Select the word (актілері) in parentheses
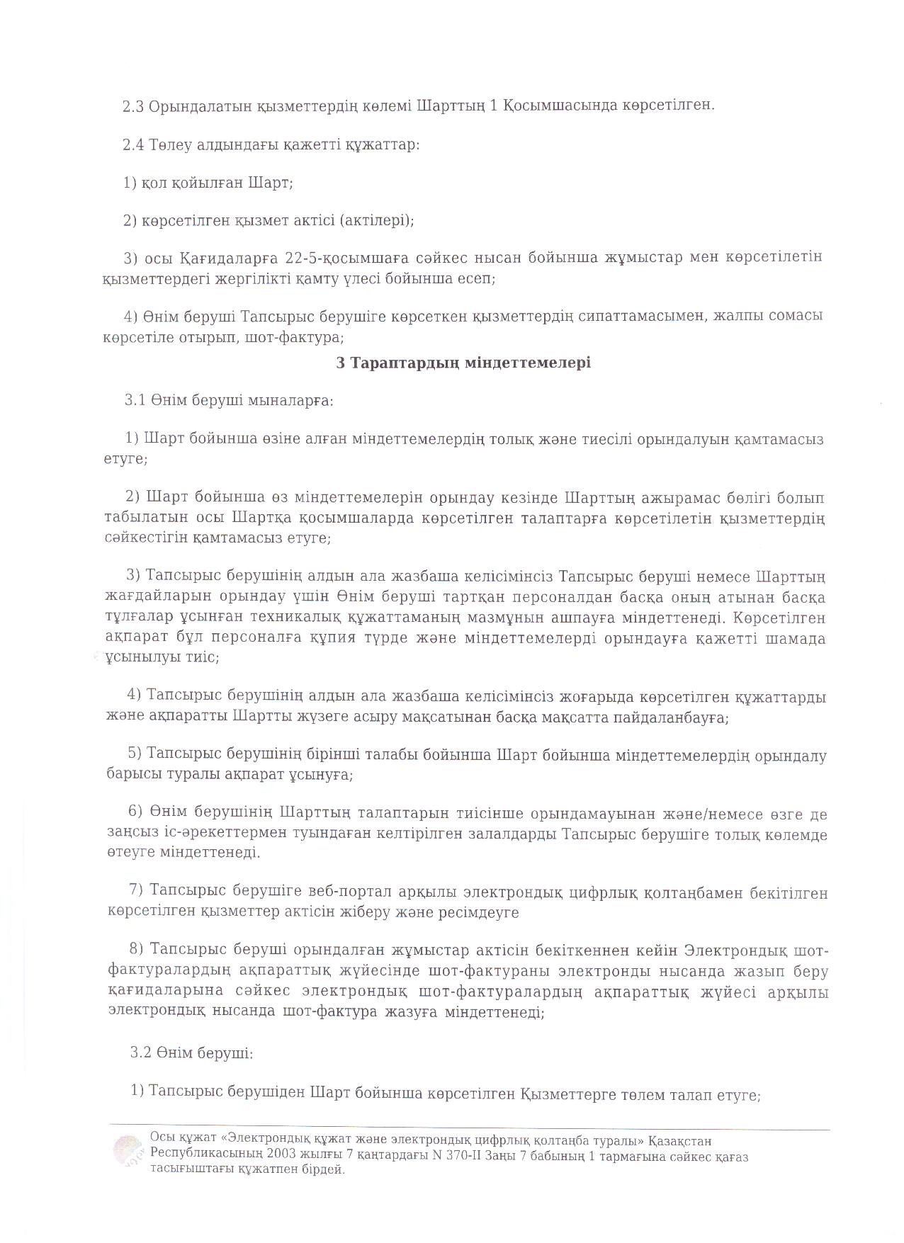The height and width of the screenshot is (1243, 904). pos(376,220)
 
